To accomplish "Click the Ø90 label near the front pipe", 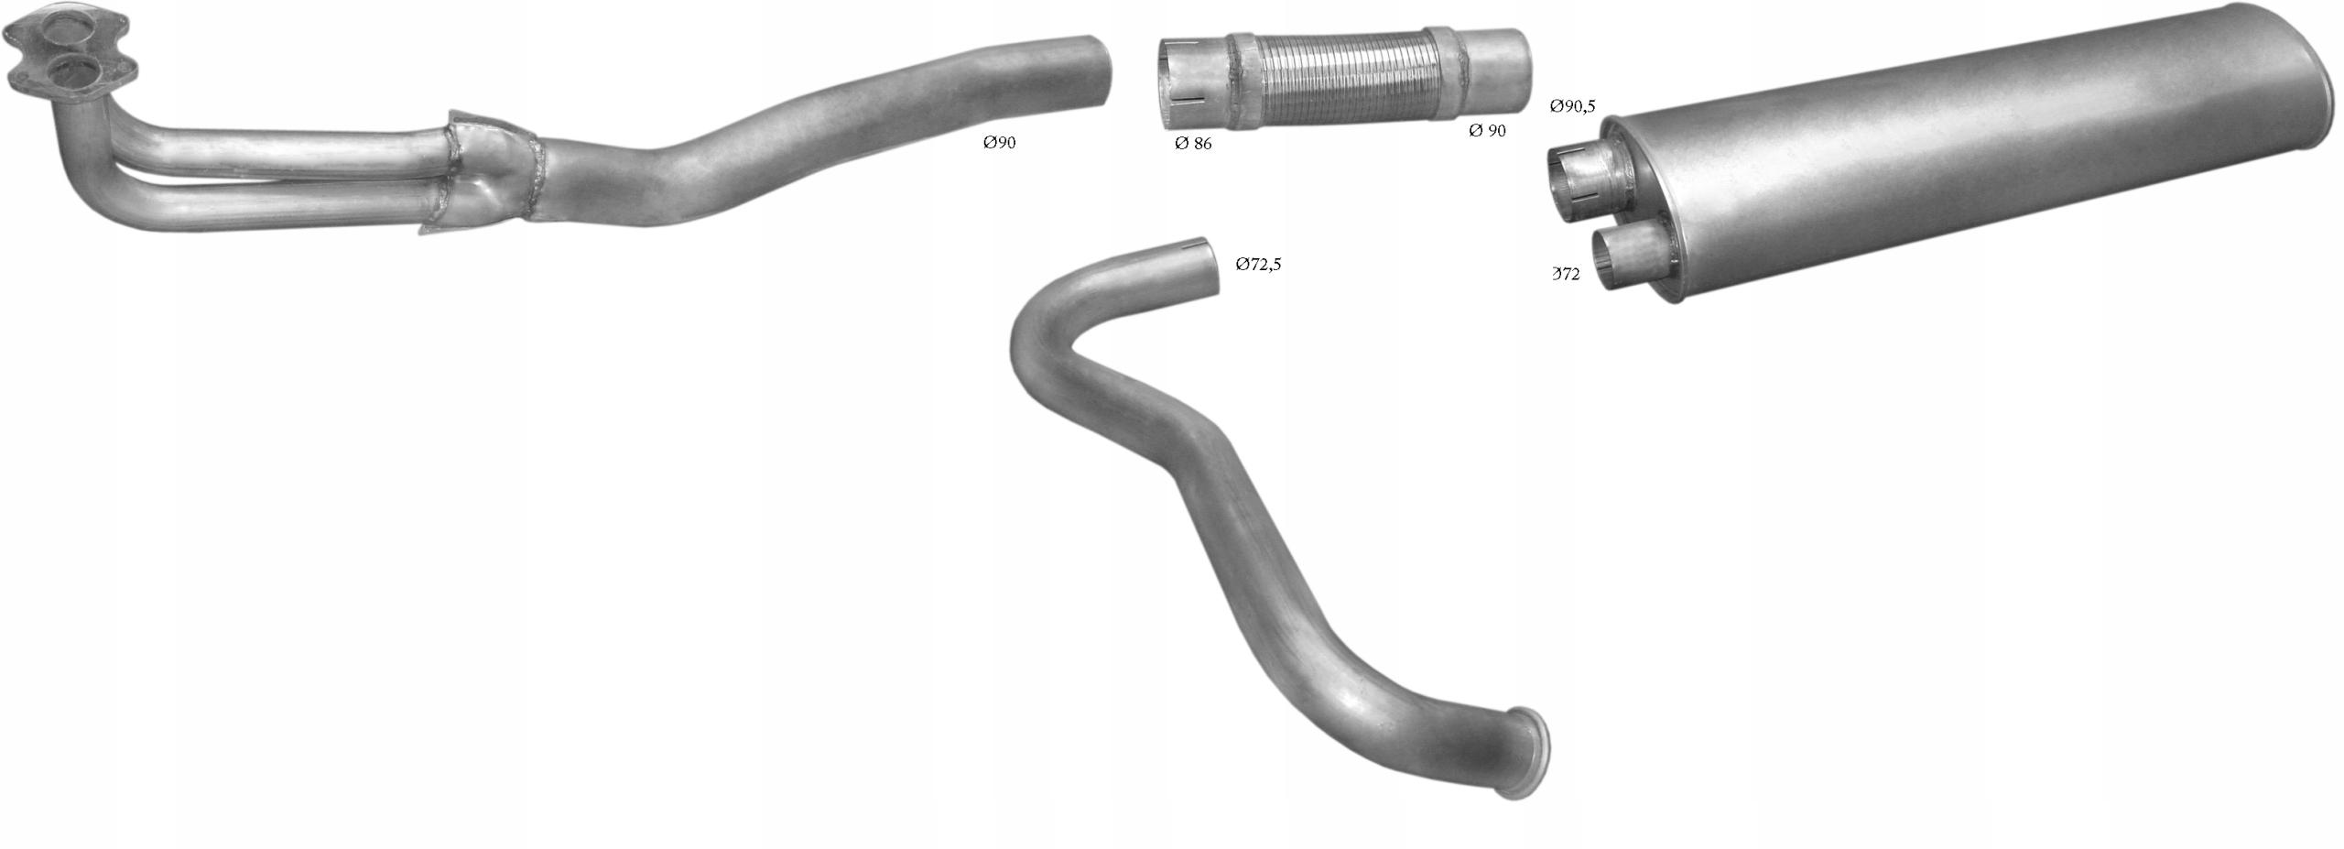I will click(x=999, y=143).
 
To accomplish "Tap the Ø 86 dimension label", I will click(x=1193, y=144).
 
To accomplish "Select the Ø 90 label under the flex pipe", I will click(x=1487, y=131).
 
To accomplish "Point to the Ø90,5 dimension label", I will click(x=1572, y=106).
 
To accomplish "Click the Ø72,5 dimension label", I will click(x=1258, y=265).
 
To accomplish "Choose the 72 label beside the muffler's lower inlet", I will click(x=1567, y=274).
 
